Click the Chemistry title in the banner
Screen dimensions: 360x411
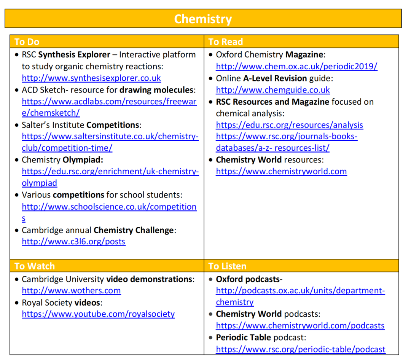[203, 19]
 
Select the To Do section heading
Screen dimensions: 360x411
[27, 41]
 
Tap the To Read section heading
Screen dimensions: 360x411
[225, 41]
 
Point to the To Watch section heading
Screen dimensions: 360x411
[35, 266]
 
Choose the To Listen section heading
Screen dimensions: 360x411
[227, 266]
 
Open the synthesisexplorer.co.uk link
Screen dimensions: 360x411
[91, 78]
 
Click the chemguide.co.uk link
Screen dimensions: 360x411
[273, 90]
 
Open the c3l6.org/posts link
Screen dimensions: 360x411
[73, 241]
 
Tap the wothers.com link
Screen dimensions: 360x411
[71, 290]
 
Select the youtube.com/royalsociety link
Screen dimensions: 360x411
[98, 314]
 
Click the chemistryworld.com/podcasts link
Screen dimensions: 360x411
[300, 325]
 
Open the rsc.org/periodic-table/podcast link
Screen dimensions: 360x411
[301, 349]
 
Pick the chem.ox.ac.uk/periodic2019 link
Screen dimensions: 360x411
[296, 66]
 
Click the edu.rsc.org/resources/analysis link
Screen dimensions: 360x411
[289, 125]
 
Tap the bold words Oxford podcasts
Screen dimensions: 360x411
[247, 279]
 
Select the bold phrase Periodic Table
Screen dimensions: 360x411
[244, 337]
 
